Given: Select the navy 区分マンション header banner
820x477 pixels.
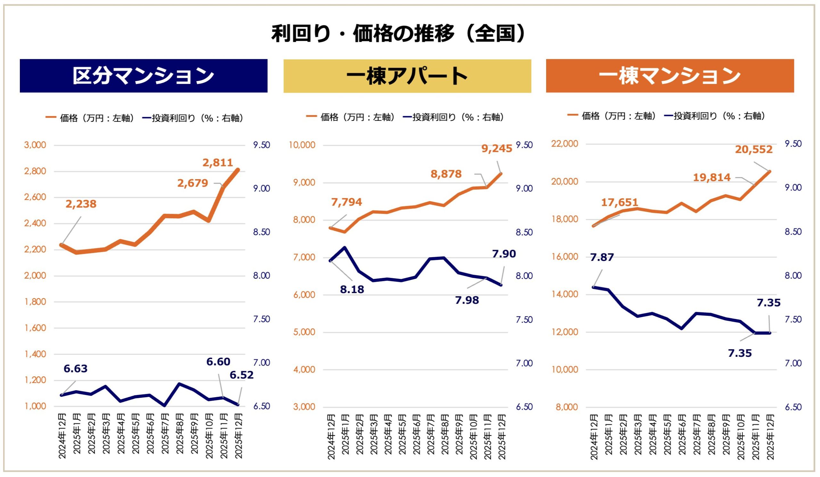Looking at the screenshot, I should pos(143,76).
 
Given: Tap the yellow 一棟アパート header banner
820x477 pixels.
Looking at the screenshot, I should pos(407,76).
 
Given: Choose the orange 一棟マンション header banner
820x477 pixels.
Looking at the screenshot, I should pos(670,76).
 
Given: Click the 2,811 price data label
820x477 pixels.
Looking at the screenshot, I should pos(218,163).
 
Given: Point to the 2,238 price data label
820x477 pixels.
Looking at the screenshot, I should pos(81,204).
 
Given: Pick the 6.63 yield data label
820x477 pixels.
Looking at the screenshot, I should pos(76,369).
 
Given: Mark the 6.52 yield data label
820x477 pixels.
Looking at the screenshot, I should pos(242,375).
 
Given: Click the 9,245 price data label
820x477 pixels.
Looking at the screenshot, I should pos(496,148).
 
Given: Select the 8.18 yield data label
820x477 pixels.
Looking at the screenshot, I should pos(352,289).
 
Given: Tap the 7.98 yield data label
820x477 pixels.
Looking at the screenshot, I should pos(467,300).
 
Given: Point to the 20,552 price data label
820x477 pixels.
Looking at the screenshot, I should pos(754,149).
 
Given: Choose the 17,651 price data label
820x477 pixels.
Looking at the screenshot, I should pos(619,203).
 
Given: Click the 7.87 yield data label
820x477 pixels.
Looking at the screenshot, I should pos(602,257).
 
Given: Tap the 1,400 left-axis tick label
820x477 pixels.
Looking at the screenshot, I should pos(35,354).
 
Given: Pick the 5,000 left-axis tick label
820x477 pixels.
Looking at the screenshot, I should pos(304,332).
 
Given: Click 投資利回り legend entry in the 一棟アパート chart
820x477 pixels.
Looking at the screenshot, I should pos(454,117).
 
